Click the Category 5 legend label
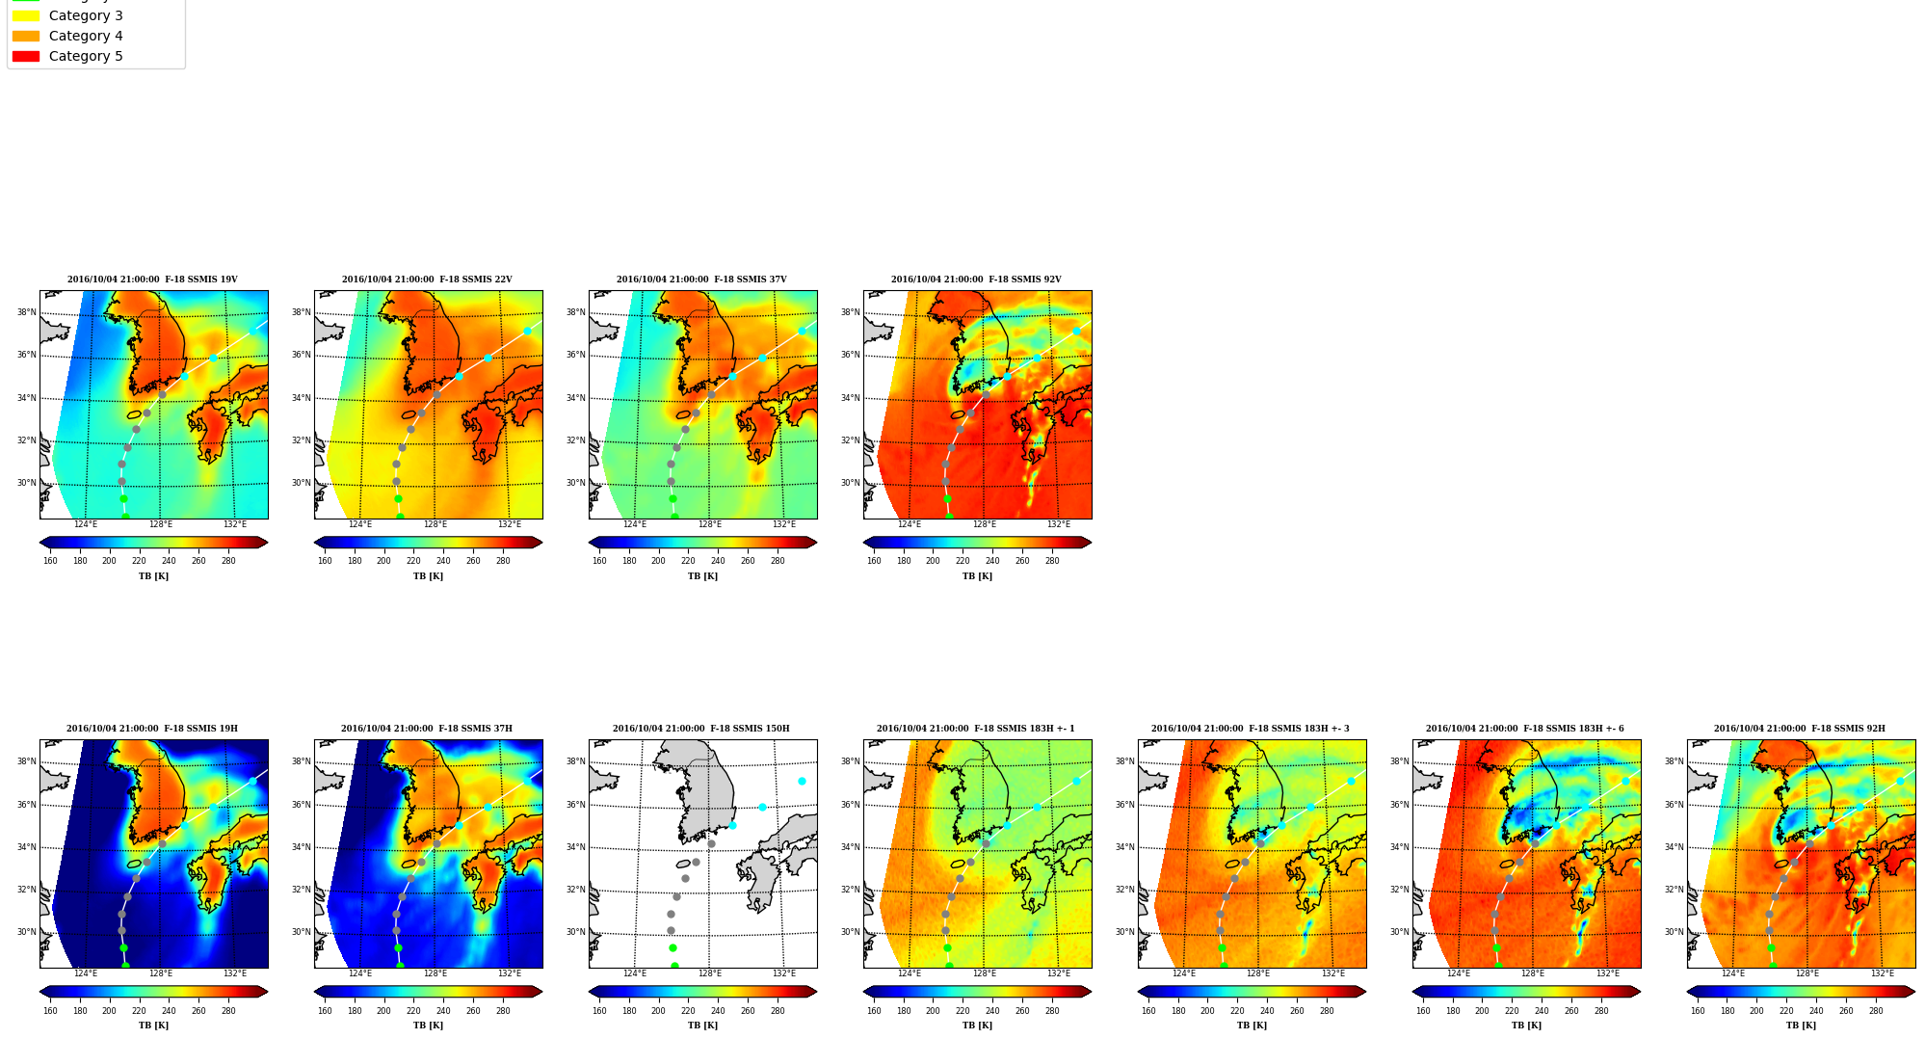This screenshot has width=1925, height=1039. pyautogui.click(x=86, y=56)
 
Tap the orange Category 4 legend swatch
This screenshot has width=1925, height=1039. pyautogui.click(x=26, y=36)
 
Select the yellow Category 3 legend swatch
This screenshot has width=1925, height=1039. pyautogui.click(x=26, y=15)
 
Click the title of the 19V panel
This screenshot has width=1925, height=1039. pyautogui.click(x=152, y=280)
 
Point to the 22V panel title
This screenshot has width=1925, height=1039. pyautogui.click(x=427, y=280)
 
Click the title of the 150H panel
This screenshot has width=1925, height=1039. pyautogui.click(x=701, y=729)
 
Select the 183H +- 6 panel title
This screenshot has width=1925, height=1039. pyautogui.click(x=1525, y=729)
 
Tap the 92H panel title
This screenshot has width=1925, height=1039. pyautogui.click(x=1800, y=729)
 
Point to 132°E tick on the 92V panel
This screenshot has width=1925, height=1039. pyautogui.click(x=1059, y=524)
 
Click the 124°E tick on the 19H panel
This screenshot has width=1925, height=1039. pyautogui.click(x=86, y=973)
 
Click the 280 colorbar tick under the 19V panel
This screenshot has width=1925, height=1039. pyautogui.click(x=228, y=561)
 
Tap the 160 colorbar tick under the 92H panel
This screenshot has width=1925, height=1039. pyautogui.click(x=1698, y=1010)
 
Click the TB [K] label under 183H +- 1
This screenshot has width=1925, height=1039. pyautogui.click(x=977, y=1026)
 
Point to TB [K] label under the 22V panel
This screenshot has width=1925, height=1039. pyautogui.click(x=428, y=576)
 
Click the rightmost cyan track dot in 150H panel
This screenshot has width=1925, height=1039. pyautogui.click(x=802, y=781)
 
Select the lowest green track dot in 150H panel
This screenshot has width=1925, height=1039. pyautogui.click(x=674, y=965)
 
